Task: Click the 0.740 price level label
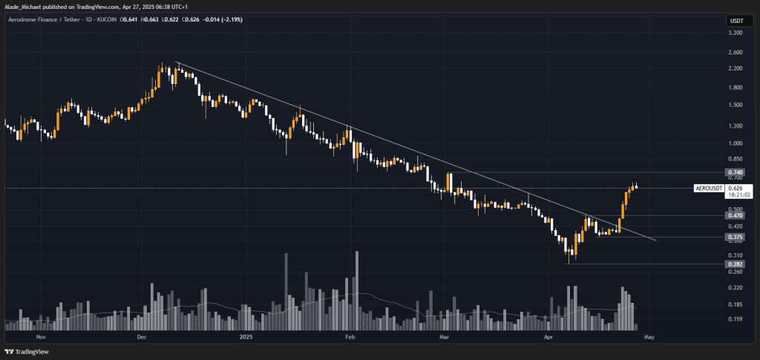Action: coord(736,172)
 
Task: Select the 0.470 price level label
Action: coord(736,216)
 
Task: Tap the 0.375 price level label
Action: coord(736,238)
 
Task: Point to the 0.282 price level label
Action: coord(736,264)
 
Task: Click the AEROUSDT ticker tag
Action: coord(708,188)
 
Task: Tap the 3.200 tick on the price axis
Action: coord(736,33)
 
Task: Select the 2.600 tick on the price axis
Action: coord(736,52)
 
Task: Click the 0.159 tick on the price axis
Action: coord(736,319)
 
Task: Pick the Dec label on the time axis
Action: coord(141,336)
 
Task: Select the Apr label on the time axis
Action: coord(548,336)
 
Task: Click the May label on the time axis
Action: coord(649,336)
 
